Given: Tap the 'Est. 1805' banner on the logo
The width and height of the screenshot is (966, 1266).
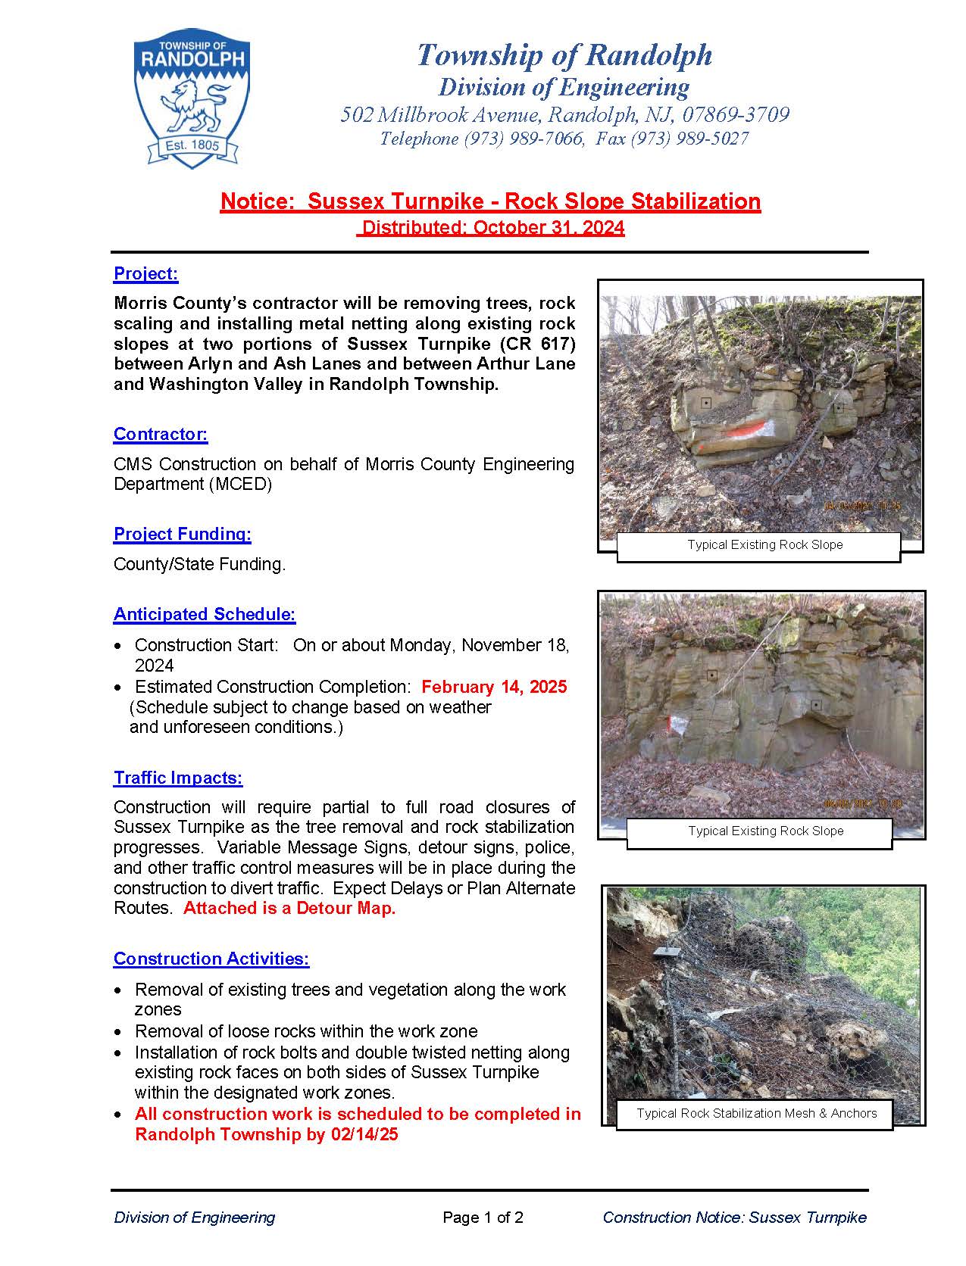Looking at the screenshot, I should tap(192, 145).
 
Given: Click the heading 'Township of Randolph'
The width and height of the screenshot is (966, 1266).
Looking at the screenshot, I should tap(564, 55).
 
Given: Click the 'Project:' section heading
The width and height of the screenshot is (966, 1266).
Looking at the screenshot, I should tap(145, 273).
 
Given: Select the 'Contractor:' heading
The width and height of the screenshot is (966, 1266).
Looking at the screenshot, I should tap(160, 434).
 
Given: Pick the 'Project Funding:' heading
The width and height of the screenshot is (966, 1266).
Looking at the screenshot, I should tap(182, 534).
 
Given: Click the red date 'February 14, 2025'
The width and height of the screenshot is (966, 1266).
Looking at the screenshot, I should tap(493, 687).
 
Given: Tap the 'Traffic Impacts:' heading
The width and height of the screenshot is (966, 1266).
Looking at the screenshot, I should tap(178, 778).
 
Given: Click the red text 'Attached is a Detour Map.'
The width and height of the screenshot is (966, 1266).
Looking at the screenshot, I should tap(289, 909).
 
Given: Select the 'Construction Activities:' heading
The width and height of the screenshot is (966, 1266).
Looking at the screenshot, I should tap(211, 959).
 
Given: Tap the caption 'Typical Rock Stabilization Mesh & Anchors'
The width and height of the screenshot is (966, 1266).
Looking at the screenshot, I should tap(756, 1113).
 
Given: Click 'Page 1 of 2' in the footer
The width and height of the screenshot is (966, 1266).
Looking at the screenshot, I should tap(483, 1218).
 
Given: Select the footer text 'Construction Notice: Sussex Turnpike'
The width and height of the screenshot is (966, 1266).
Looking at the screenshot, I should tap(734, 1218).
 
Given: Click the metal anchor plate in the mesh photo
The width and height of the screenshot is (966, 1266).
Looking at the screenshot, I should tap(667, 951).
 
